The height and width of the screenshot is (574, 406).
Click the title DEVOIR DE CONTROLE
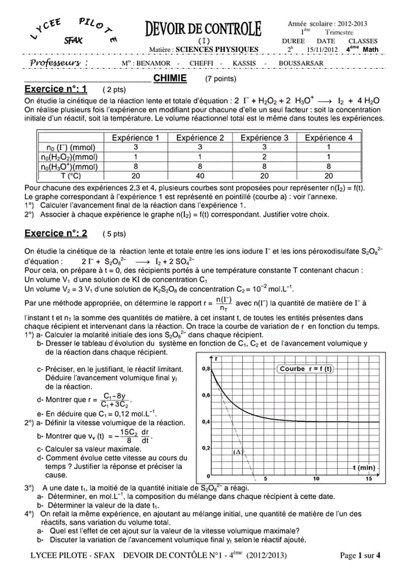203,28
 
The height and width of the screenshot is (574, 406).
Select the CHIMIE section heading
170,78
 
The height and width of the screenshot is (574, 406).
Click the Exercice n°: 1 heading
56,89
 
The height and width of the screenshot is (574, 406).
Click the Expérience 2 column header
200,138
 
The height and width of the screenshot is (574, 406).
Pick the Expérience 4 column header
328,138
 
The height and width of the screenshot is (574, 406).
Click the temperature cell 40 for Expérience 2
200,176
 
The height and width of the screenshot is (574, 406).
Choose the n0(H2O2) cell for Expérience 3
264,157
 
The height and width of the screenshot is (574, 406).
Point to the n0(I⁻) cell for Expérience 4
328,147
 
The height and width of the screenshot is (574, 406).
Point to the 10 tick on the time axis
316,478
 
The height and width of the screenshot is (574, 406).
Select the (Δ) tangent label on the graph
237,452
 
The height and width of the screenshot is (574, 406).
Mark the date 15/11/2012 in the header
322,50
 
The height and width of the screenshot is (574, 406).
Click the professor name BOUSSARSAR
301,63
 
